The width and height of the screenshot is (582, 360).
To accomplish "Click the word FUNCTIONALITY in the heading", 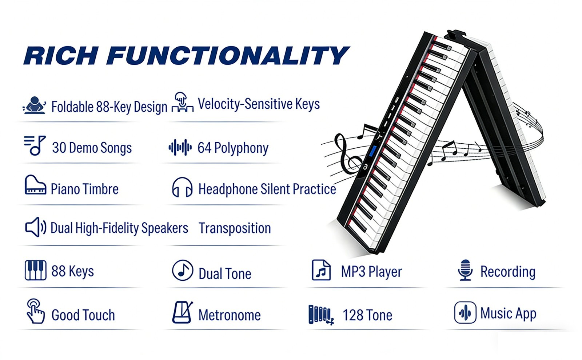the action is pyautogui.click(x=228, y=56).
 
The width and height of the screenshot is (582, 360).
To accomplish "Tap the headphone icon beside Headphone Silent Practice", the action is pyautogui.click(x=182, y=187).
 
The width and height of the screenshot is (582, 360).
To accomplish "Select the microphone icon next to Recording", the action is pyautogui.click(x=465, y=270).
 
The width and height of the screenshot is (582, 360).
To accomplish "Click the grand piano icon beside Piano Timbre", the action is pyautogui.click(x=35, y=185).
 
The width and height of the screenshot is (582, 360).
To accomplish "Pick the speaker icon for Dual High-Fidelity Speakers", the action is pyautogui.click(x=36, y=227).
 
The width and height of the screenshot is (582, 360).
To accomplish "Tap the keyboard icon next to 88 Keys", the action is pyautogui.click(x=36, y=270).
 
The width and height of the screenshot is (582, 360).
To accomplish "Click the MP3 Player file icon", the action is pyautogui.click(x=321, y=270).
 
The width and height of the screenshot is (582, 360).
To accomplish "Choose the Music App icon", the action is pyautogui.click(x=465, y=312).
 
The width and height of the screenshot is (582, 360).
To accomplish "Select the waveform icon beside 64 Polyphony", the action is pyautogui.click(x=180, y=147).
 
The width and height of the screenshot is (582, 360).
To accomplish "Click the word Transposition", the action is pyautogui.click(x=235, y=228).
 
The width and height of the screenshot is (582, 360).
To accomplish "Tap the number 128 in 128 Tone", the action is pyautogui.click(x=354, y=315).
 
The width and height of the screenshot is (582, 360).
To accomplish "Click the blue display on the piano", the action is pyautogui.click(x=373, y=151).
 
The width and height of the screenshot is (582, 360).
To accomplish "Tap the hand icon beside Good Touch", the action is pyautogui.click(x=36, y=311).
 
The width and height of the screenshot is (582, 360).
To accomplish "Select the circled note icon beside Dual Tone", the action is pyautogui.click(x=182, y=270).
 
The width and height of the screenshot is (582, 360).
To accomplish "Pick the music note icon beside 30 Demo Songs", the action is pyautogui.click(x=35, y=145).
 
